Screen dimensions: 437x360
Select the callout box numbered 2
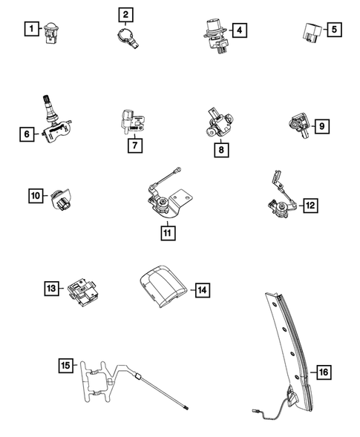(126, 14)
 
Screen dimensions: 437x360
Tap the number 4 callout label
(239, 30)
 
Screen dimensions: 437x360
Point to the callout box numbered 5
(335, 30)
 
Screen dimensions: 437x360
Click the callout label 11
(168, 232)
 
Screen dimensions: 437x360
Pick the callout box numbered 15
(67, 365)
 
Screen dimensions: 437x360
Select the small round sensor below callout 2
(129, 39)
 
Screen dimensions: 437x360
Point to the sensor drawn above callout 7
(129, 120)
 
